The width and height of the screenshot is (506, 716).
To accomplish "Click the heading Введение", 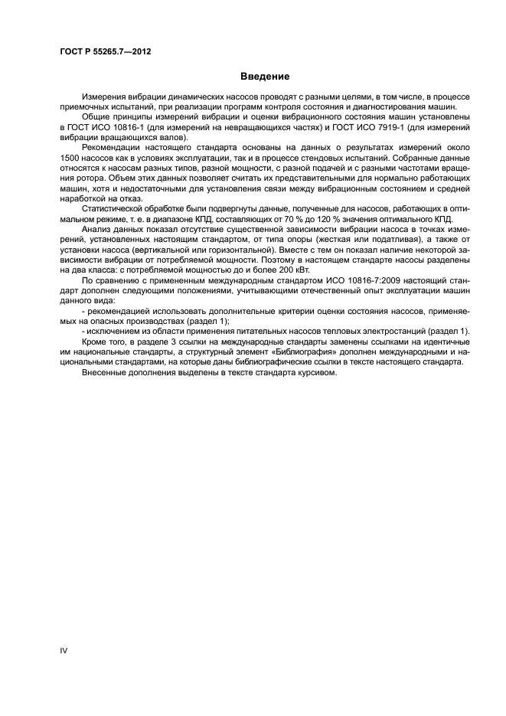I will coord(264,77).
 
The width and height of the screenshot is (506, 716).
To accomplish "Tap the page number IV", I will coord(64,650).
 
